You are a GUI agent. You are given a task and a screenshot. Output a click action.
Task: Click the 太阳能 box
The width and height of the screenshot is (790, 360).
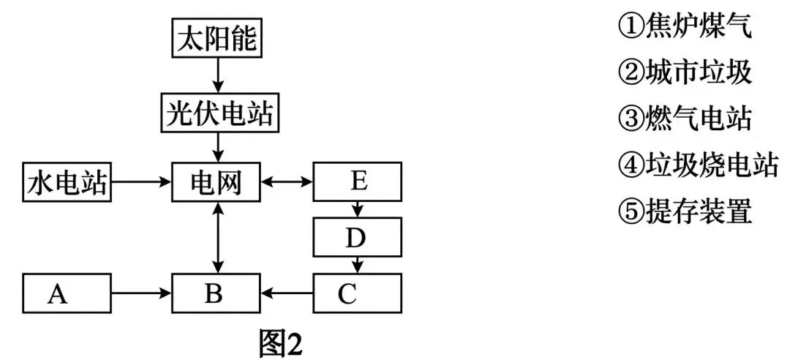(217, 39)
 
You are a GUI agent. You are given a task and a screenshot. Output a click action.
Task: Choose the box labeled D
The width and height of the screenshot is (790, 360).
(357, 237)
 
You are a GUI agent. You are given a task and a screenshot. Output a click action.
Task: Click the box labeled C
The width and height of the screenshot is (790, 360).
(357, 293)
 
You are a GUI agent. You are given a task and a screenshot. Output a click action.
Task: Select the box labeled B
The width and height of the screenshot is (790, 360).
(215, 293)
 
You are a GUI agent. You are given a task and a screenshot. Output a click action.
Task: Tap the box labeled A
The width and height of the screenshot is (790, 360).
(67, 293)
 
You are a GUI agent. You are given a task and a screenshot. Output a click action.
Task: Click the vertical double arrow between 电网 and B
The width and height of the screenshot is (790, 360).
(217, 238)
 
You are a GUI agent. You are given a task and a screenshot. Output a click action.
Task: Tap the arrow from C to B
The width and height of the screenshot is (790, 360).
(287, 293)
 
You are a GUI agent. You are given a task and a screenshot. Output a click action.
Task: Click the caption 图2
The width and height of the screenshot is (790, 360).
(281, 342)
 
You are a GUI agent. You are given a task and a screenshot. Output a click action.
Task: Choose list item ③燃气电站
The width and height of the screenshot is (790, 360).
(685, 119)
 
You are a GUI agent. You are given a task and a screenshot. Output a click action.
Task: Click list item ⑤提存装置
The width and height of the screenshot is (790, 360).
(685, 211)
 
